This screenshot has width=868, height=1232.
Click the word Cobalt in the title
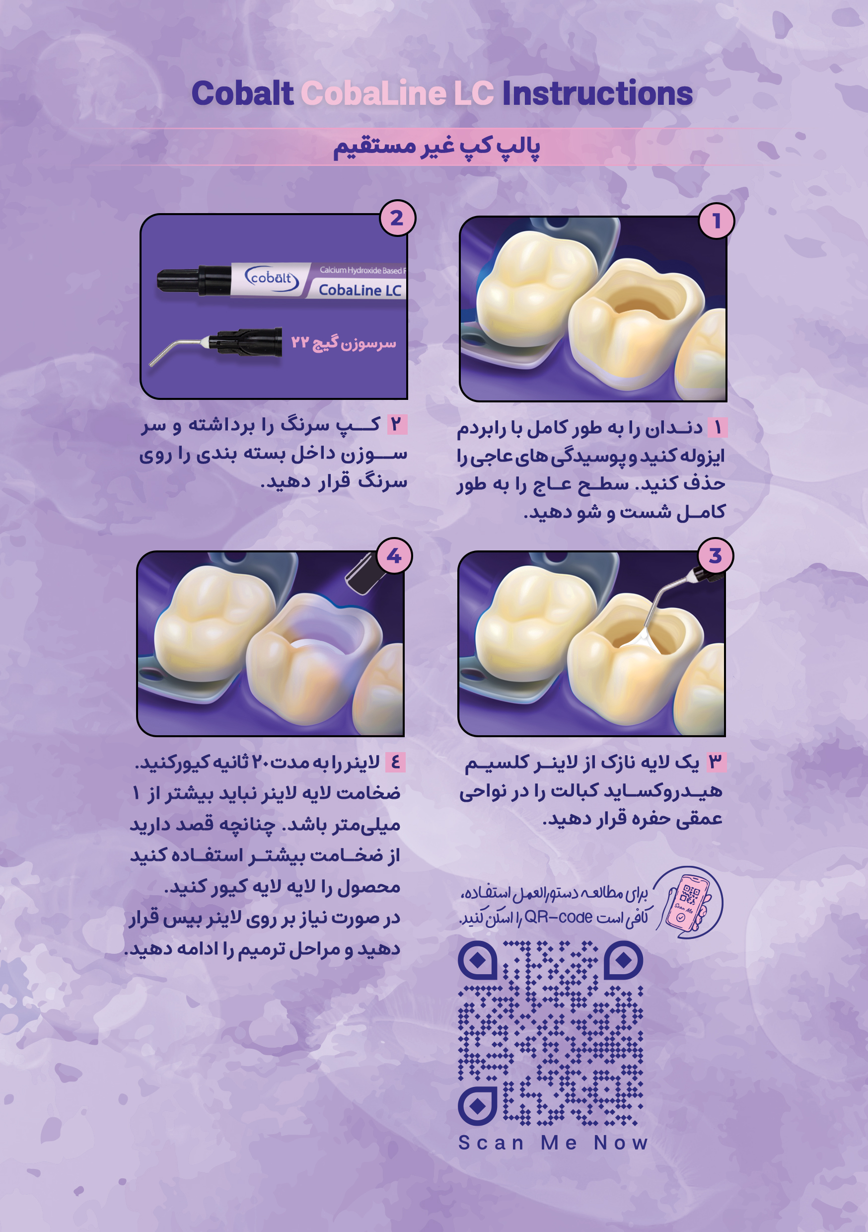[x=242, y=93]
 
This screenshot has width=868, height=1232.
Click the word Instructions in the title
[x=597, y=93]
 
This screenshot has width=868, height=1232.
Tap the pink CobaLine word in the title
[x=373, y=93]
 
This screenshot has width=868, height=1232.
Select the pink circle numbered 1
[x=716, y=221]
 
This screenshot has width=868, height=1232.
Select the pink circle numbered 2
[x=397, y=218]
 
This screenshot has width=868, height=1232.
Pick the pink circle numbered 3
[x=715, y=556]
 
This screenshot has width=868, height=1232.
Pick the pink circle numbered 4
[x=394, y=556]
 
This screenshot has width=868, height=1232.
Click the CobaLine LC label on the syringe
[x=360, y=290]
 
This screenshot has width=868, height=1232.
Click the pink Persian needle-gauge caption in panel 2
[x=343, y=342]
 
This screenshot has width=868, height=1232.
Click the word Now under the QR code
[x=621, y=1143]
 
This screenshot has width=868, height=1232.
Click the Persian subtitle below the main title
[x=436, y=147]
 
